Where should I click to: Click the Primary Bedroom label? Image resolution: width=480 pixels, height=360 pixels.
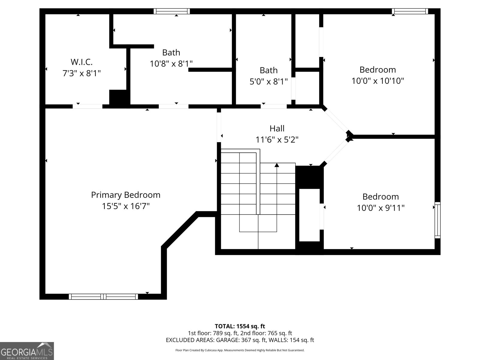tap(126, 195)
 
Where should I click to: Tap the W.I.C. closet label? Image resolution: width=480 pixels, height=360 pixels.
tap(81, 62)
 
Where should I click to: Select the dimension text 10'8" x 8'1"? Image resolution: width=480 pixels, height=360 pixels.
tap(171, 64)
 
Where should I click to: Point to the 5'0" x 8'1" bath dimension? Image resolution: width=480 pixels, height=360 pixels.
tap(268, 81)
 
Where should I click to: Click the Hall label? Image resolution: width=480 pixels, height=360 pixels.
tap(277, 128)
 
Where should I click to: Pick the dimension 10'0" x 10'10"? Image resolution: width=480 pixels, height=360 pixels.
tap(378, 81)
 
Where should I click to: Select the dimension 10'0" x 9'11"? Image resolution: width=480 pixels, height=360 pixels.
tap(380, 208)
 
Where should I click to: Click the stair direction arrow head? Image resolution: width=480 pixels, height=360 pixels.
tap(277, 165)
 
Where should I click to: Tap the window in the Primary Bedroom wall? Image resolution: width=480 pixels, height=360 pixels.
tap(103, 296)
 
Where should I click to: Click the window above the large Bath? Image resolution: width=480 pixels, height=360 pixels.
tap(172, 11)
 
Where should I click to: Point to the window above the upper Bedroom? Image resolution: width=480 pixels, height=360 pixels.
tap(410, 11)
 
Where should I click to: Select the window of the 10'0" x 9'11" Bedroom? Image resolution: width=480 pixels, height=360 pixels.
tap(437, 220)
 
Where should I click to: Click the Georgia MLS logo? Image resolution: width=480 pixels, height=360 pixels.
tap(27, 351)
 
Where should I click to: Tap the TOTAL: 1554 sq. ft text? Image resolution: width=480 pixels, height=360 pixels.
tap(240, 326)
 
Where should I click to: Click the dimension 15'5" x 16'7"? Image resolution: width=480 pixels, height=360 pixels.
tap(126, 206)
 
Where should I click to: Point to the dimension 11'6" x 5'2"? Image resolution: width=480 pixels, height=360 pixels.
tap(277, 140)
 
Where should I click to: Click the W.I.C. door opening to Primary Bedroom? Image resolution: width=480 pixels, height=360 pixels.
tap(87, 106)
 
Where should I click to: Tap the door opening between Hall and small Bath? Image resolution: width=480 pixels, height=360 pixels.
tap(273, 106)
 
